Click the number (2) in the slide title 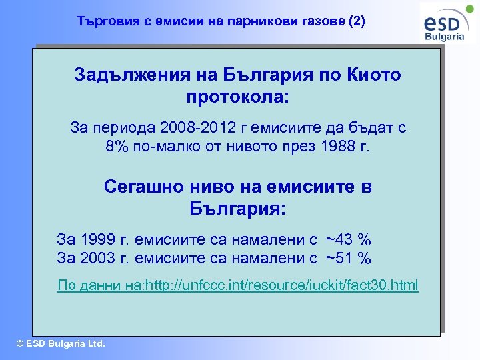click(357, 21)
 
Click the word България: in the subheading click(238, 209)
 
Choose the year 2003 click(98, 258)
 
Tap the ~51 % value click(348, 258)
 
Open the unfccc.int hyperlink click(237, 286)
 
